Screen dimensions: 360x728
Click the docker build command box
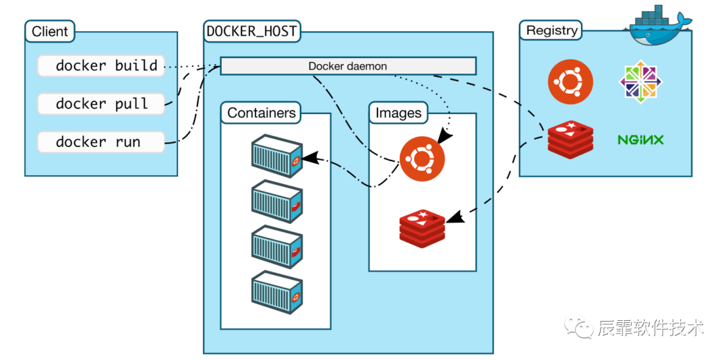pos(101,66)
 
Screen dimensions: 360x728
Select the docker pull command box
pos(101,104)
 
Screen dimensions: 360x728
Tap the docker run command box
pos(101,142)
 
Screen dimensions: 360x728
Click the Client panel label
pos(50,31)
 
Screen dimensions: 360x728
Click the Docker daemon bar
pos(348,66)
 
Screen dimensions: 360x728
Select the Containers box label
pos(261,113)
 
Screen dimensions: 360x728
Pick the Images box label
pos(398,113)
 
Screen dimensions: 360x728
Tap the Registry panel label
pos(551,30)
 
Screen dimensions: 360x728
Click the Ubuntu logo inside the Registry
pos(570,82)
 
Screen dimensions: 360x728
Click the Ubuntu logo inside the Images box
pos(422,159)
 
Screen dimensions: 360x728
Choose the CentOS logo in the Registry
pos(641,82)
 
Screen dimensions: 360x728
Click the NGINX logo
pos(640,140)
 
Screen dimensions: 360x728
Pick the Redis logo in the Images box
pos(422,228)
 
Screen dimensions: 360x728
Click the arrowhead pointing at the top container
pos(309,160)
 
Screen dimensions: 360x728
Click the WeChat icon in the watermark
pos(580,328)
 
